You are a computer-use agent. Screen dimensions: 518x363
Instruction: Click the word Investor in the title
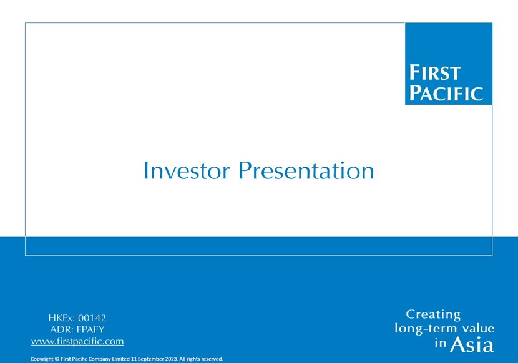(187, 170)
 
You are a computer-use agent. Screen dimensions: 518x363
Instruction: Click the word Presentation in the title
(306, 170)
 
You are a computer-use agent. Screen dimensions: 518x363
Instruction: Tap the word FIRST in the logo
(435, 72)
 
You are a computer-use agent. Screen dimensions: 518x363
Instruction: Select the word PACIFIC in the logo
(446, 93)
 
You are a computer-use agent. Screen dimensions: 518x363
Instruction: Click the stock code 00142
(92, 318)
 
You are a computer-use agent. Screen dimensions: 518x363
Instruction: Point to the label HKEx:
(62, 318)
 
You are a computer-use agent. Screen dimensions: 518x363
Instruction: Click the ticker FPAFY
(90, 330)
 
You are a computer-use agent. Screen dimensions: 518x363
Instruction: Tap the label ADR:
(62, 330)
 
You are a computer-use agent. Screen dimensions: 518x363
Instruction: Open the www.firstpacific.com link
(77, 341)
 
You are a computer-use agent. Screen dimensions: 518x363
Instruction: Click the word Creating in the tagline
(433, 315)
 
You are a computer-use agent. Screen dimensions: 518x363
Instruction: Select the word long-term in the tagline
(424, 329)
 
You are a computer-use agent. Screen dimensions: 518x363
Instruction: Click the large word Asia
(472, 345)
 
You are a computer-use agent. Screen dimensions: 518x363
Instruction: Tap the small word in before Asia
(441, 343)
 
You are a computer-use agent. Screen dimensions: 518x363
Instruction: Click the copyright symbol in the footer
(57, 359)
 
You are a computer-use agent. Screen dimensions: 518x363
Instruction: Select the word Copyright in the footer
(42, 359)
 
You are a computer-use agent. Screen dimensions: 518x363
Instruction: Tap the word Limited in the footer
(121, 359)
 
